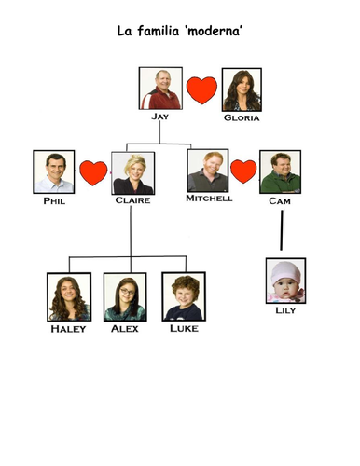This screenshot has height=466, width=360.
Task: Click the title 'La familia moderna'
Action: [x=182, y=33]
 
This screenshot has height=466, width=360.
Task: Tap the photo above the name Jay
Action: [x=160, y=89]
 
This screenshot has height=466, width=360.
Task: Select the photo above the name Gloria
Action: [x=241, y=89]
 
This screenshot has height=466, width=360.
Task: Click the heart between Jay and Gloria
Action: [x=201, y=90]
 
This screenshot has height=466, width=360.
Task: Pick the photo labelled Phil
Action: [x=53, y=171]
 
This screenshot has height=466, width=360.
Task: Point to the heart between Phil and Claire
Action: [x=93, y=172]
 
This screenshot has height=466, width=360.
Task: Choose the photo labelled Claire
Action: [x=132, y=172]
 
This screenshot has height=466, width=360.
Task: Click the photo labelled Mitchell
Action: [x=207, y=171]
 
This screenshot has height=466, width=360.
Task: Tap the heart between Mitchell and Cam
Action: [x=243, y=171]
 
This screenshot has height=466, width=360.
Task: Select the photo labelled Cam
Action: [x=280, y=171]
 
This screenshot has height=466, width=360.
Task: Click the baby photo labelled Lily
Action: [x=285, y=281]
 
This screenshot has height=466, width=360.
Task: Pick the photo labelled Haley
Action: [x=68, y=296]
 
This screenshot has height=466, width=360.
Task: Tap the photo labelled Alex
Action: [x=125, y=296]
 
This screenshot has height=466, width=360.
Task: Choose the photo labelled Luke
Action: [x=182, y=296]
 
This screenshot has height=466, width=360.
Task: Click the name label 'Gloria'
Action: [x=242, y=119]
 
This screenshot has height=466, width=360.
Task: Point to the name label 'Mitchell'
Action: [x=208, y=199]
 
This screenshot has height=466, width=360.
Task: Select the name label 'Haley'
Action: [x=68, y=328]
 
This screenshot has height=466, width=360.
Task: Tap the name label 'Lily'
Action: [x=285, y=310]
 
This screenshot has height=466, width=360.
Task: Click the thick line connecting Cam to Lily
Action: [x=281, y=231]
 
